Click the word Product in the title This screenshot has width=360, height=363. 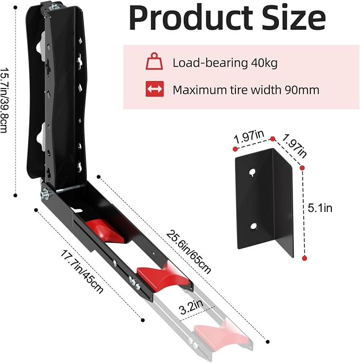point(191,18)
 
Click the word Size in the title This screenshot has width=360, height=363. point(294,17)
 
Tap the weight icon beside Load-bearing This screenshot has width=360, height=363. point(154,61)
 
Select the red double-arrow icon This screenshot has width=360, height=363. point(154,89)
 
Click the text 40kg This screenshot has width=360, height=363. point(264,63)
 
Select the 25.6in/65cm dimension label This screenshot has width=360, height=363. point(188,252)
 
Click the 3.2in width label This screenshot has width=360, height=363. point(191,307)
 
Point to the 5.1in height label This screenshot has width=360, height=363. point(320,208)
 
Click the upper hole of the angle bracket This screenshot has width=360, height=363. point(252,172)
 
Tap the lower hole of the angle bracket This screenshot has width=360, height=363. point(253,226)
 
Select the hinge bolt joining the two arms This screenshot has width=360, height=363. point(45,193)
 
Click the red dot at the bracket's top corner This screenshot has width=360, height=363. point(273,139)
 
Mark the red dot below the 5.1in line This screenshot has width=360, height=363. point(305,258)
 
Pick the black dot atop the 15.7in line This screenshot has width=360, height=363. point(15,7)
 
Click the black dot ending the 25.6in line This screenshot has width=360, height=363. point(268,342)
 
